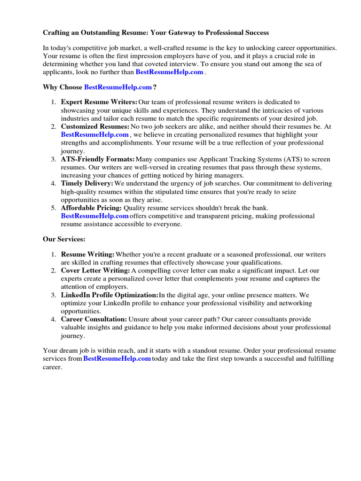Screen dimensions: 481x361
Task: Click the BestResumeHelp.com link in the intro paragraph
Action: click(x=169, y=72)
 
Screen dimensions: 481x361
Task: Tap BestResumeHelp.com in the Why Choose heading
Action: click(x=118, y=87)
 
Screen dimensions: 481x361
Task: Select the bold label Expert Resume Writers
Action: click(x=99, y=102)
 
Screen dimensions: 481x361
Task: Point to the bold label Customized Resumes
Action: click(x=95, y=126)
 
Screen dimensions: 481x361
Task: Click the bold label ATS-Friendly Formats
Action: click(x=98, y=159)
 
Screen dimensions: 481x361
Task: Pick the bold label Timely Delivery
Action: click(x=87, y=183)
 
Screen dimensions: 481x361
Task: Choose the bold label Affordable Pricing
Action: click(x=91, y=208)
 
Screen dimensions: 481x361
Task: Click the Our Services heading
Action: click(x=64, y=239)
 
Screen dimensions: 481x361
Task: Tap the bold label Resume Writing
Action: click(x=87, y=255)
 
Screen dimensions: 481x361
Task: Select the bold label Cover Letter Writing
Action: click(x=95, y=271)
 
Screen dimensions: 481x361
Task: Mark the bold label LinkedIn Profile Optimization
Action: click(x=110, y=295)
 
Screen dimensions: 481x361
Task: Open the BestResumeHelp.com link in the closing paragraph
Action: click(x=117, y=359)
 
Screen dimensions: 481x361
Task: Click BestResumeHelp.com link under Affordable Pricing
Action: click(x=94, y=216)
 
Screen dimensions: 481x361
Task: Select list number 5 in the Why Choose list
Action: click(x=54, y=208)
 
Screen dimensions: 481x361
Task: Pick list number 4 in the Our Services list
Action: click(x=54, y=319)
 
